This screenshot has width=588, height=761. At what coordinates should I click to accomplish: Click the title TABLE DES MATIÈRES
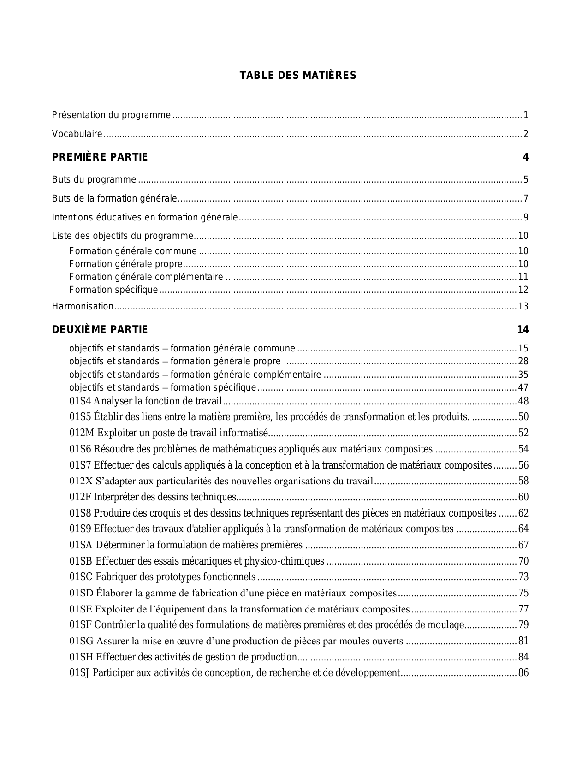tap(298, 76)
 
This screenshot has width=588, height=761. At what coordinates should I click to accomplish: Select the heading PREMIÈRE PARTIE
tap(100, 157)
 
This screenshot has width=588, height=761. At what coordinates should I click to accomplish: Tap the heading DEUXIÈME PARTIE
tap(100, 329)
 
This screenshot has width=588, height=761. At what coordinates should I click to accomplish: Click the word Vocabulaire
tap(77, 134)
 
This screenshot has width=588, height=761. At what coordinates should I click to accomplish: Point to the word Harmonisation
tap(83, 306)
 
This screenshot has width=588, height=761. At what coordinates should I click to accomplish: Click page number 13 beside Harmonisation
tap(523, 306)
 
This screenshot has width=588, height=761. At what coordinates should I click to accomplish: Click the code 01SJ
tap(79, 672)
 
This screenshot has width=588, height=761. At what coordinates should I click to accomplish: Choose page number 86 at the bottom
tap(523, 672)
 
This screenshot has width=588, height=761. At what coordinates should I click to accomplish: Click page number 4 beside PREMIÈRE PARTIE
tap(525, 157)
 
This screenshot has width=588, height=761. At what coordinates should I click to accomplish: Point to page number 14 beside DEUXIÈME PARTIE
tap(523, 329)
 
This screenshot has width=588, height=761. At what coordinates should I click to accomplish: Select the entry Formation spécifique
tap(113, 290)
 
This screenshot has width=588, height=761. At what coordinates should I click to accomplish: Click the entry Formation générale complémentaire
tap(146, 277)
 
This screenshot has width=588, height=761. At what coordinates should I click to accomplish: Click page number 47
tap(523, 387)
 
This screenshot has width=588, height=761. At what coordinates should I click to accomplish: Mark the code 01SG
tap(82, 641)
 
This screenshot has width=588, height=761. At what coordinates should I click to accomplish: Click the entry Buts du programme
tap(94, 180)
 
